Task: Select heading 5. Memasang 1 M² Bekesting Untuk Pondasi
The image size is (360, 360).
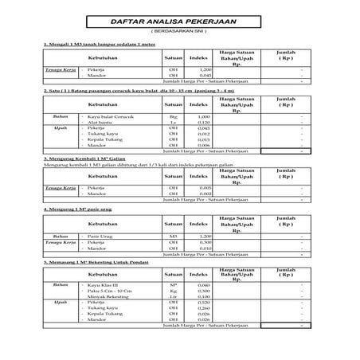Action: (98, 261)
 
